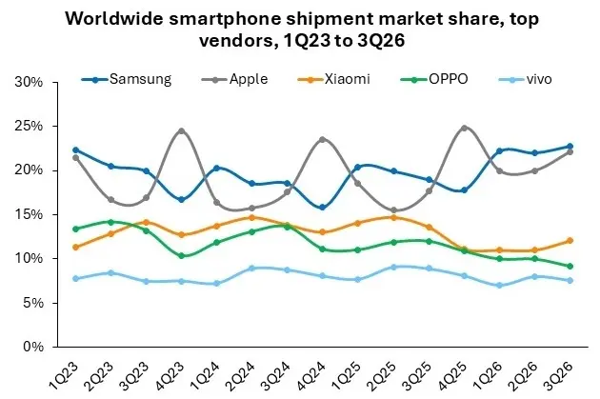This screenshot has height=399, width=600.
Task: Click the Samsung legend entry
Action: (127, 79)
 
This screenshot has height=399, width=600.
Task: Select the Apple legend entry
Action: (234, 79)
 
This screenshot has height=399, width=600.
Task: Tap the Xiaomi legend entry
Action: (333, 79)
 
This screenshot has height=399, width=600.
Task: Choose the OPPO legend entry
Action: (434, 79)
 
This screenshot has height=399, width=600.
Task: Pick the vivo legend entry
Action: (526, 79)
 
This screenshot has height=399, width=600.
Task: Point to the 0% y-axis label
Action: (33, 347)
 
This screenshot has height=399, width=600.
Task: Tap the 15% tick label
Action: (29, 214)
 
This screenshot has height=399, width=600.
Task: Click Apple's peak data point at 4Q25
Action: (464, 128)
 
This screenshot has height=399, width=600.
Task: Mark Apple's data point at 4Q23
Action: (181, 130)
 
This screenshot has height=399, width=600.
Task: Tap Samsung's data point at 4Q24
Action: (323, 208)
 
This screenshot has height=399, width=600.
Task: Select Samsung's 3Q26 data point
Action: (570, 146)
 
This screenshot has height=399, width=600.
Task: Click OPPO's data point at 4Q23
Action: (181, 255)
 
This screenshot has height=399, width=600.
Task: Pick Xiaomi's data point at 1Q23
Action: (75, 248)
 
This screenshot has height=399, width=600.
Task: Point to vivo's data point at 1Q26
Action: (499, 286)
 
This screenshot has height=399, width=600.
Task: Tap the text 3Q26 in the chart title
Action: (381, 40)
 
